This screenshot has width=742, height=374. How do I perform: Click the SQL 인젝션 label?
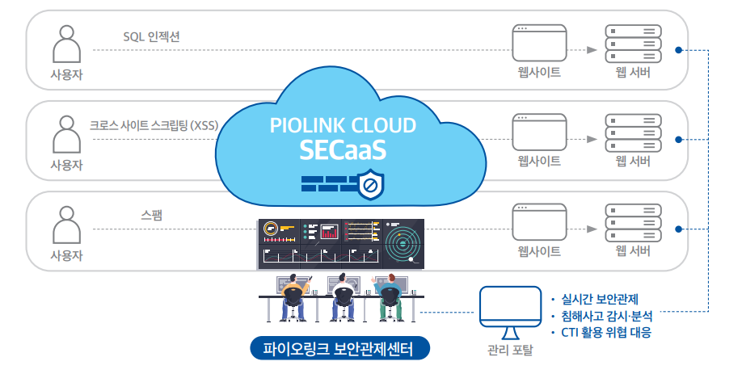pos(157,36)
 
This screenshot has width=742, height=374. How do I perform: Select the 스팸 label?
pos(151,216)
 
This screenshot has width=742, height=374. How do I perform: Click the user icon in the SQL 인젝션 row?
pos(66,44)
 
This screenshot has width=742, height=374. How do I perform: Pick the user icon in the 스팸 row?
pos(66,223)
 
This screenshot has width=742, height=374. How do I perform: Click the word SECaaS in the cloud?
pos(343,149)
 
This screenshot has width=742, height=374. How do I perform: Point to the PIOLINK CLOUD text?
pos(343,125)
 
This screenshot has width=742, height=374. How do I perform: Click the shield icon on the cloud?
pos(371,186)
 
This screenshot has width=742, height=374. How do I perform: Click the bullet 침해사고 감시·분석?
pos(605,315)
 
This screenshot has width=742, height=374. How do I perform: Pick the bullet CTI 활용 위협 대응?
pos(605,332)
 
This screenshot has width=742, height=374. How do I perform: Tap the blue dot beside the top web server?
pos(679,50)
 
